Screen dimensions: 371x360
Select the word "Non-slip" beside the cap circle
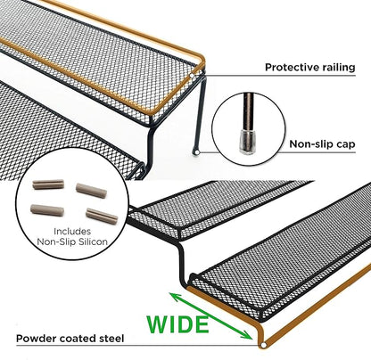coord(310,144)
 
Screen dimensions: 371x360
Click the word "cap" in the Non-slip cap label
coord(345,145)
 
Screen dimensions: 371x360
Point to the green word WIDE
coord(177,324)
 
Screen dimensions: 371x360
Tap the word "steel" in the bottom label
coord(111,339)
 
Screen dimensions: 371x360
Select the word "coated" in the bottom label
coord(78,339)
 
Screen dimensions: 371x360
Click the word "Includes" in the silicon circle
coord(72,231)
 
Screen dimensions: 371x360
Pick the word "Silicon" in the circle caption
coord(92,241)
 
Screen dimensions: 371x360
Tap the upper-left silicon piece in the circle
coord(48,184)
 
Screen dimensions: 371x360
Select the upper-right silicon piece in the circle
coord(91,191)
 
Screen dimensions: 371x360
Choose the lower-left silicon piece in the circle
coord(47,209)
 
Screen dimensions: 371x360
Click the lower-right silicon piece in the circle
coord(102,216)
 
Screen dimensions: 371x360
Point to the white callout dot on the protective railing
coord(192,77)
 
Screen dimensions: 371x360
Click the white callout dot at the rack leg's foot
coord(196,152)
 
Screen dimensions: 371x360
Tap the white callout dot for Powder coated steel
coord(263,345)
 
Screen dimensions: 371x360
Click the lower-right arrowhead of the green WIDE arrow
coord(247,335)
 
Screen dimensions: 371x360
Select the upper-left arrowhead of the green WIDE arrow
coord(175,297)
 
